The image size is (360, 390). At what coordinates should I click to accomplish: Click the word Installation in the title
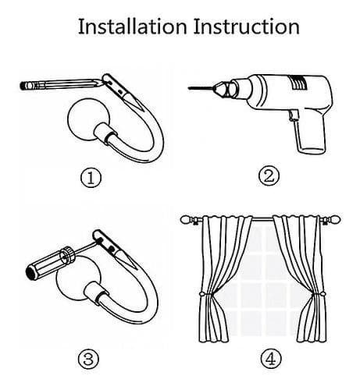click(x=133, y=27)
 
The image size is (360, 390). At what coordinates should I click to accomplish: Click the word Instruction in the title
click(x=247, y=27)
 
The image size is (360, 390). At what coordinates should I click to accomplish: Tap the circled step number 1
click(x=91, y=179)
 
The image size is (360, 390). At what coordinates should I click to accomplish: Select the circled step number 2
click(x=269, y=176)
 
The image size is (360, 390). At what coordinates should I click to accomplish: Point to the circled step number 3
click(x=89, y=359)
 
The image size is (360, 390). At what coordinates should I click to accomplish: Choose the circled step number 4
click(x=271, y=360)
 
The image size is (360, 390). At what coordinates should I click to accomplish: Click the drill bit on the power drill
click(x=201, y=88)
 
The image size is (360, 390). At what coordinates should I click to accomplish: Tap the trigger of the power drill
click(x=294, y=116)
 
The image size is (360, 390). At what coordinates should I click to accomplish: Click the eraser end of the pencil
click(x=24, y=86)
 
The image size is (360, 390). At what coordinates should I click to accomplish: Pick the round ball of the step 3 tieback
click(x=77, y=278)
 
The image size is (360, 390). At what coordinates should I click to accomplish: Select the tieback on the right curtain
click(x=319, y=295)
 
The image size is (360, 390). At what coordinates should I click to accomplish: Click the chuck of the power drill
click(x=223, y=88)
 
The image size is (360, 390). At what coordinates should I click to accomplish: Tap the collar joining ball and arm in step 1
click(x=103, y=133)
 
